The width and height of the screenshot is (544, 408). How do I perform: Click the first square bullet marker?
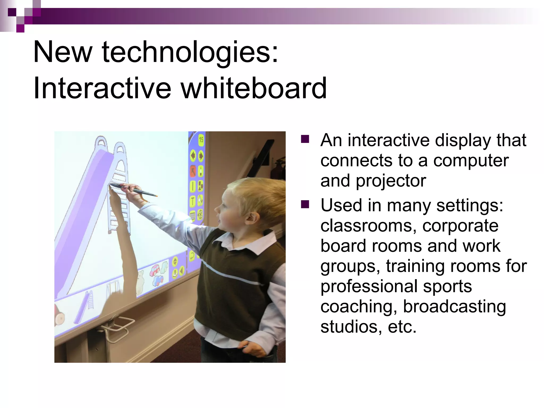pyautogui.click(x=305, y=139)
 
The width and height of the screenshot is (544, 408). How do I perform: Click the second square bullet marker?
pyautogui.click(x=305, y=205)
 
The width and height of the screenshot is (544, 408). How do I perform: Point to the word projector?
pyautogui.click(x=391, y=181)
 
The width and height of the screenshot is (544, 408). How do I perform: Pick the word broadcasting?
pyautogui.click(x=454, y=307)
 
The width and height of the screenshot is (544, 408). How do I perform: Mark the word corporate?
pyautogui.click(x=460, y=226)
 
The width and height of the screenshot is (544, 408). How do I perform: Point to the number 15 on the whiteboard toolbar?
pyautogui.click(x=201, y=139)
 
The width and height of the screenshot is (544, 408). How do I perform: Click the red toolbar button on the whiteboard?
pyautogui.click(x=193, y=171)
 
